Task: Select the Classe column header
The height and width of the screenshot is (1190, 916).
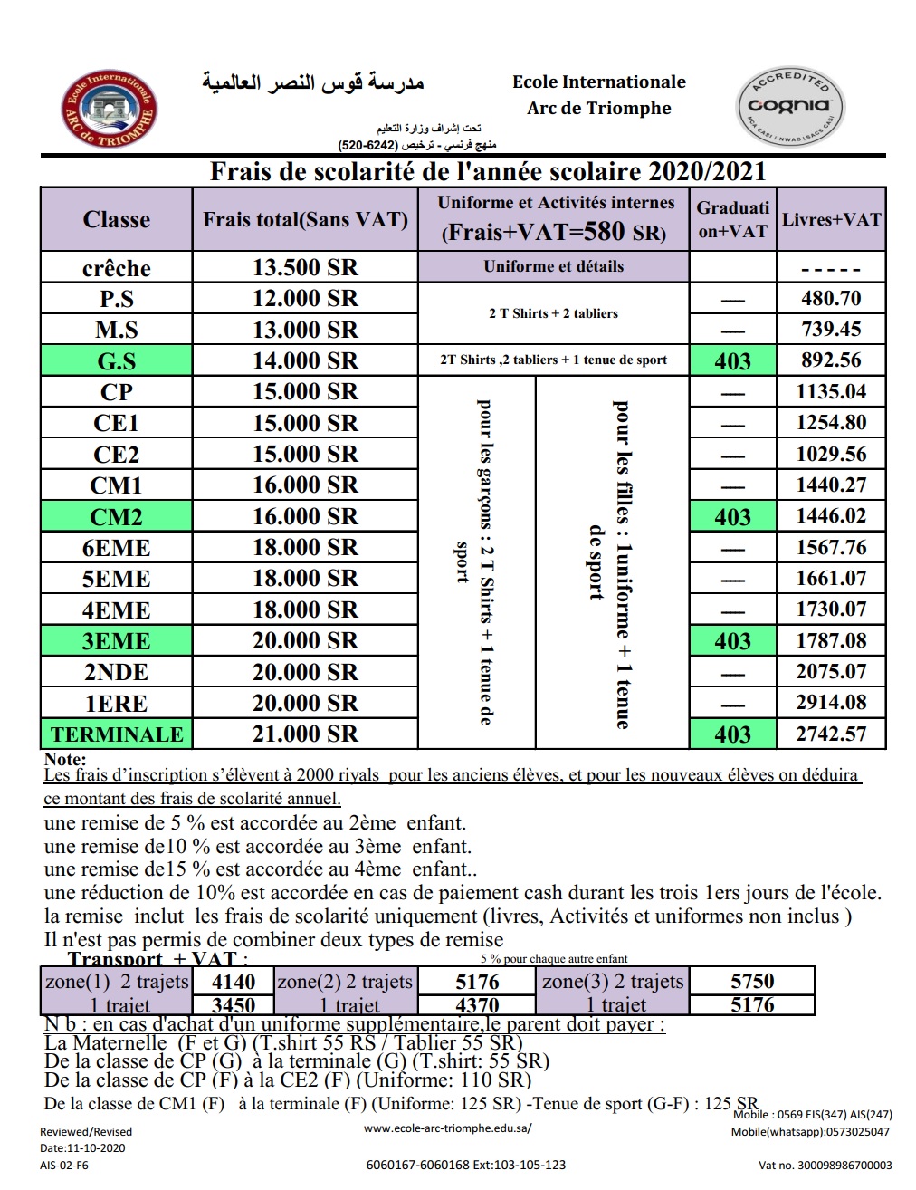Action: click(x=116, y=219)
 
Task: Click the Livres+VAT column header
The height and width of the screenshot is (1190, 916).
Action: click(x=831, y=219)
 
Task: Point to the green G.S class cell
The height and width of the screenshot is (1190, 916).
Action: click(x=116, y=360)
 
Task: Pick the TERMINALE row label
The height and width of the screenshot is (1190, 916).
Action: click(x=116, y=734)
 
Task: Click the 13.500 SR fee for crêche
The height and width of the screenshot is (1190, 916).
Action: click(x=305, y=267)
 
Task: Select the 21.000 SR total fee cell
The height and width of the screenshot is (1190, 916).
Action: click(x=305, y=734)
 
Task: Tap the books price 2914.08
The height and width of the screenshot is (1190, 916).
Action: click(x=831, y=702)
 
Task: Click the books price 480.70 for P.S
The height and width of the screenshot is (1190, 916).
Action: click(x=831, y=298)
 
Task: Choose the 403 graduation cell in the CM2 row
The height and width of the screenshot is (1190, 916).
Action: click(x=732, y=516)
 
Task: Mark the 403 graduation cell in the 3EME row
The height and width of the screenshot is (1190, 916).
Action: click(x=732, y=640)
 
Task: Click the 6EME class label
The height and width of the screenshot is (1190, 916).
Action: click(x=116, y=547)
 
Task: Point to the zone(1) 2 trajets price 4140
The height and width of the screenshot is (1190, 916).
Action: click(x=234, y=982)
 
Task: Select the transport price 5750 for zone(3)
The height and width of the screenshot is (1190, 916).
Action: click(x=752, y=981)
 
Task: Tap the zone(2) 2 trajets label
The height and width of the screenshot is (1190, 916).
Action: click(x=345, y=982)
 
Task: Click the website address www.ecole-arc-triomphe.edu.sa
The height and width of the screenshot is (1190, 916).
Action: click(x=448, y=1128)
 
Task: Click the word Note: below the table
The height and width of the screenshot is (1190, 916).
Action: click(x=65, y=759)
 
